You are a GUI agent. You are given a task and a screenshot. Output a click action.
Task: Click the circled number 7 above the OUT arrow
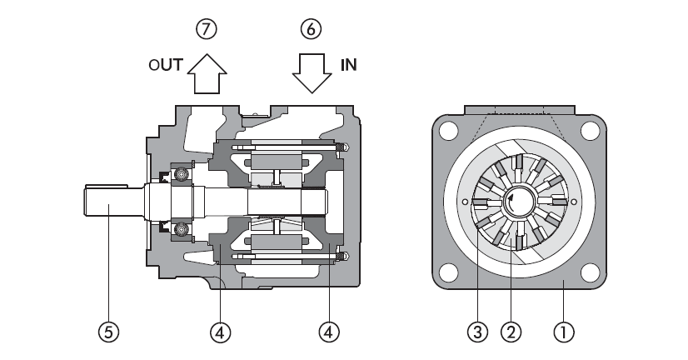coord(206,29)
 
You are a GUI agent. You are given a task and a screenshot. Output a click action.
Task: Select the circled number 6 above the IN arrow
coord(310,29)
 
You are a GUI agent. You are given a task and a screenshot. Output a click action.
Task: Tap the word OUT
coord(166,65)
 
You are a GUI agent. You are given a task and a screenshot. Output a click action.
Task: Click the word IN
coord(349,65)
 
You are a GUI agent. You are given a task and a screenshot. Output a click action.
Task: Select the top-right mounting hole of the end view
coord(590,131)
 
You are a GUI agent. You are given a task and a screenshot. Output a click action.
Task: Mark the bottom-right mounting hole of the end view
coord(590,272)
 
